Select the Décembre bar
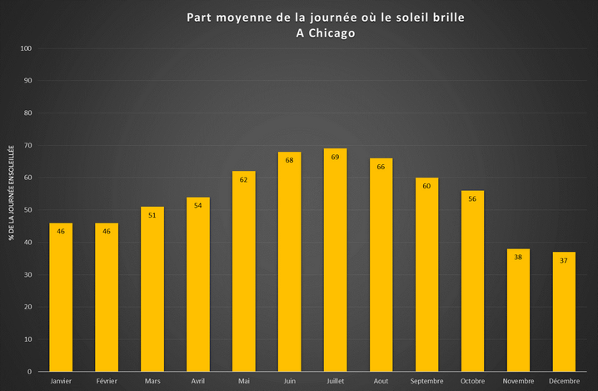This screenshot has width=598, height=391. coord(564,312)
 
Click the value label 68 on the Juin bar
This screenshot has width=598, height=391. coord(289,160)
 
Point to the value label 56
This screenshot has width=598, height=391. coord(472,199)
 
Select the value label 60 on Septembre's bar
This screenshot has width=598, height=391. coord(426,186)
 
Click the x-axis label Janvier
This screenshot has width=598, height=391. coord(61,381)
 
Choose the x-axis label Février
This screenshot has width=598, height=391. coord(107,381)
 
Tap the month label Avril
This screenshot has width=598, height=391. coord(197,381)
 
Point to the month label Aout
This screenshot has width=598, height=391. coord(381,381)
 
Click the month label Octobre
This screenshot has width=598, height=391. coord(472,381)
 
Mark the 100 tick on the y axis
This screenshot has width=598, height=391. coord(26,48)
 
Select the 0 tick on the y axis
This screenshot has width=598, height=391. coord(30,372)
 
